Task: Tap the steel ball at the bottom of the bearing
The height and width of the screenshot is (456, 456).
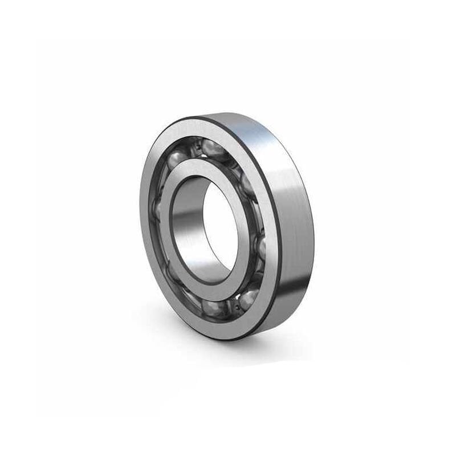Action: [213, 307]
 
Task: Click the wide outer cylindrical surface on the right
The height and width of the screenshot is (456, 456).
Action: [296, 228]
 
